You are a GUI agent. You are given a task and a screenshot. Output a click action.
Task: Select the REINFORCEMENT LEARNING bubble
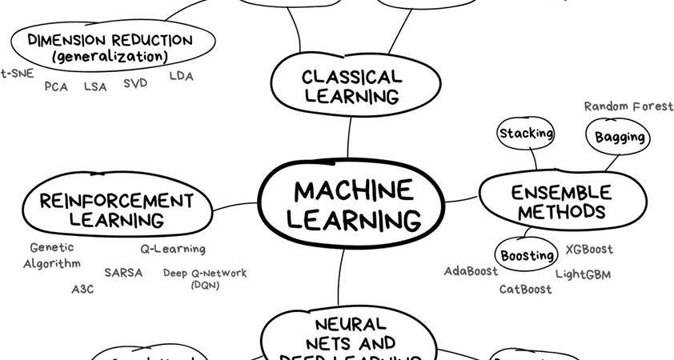117,210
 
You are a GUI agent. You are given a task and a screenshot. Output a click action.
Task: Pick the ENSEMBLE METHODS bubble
563,202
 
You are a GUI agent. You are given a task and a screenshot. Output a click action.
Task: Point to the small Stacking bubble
526,134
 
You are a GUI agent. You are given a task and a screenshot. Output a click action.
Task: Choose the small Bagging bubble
620,137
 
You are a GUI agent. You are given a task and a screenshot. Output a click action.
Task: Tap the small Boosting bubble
528,256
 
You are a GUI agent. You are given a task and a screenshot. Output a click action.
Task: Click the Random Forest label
628,106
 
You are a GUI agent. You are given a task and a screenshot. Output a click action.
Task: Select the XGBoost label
589,250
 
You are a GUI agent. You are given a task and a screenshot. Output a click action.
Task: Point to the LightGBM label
583,274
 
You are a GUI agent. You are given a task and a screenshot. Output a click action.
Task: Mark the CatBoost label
525,290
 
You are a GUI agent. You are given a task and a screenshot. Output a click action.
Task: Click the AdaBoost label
471,271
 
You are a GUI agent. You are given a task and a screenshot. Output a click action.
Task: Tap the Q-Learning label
173,249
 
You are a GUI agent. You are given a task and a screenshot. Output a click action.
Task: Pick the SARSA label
123,272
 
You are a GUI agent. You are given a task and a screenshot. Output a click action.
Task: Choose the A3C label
82,289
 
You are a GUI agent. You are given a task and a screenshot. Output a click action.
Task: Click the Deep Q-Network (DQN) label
205,278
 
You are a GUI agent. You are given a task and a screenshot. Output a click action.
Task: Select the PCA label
56,86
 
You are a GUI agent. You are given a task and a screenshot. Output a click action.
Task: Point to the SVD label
135,83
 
